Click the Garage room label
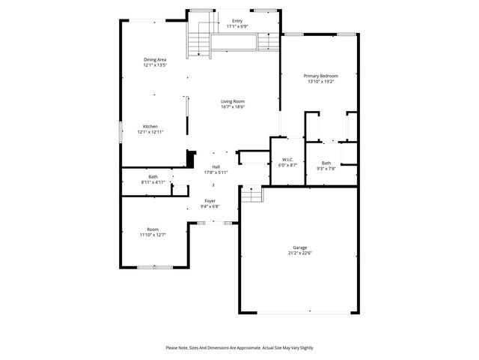point(299,247)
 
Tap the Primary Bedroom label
point(321,76)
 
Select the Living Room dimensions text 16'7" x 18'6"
point(233,107)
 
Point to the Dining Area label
point(155,60)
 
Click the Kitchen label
point(150,126)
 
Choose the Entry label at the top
point(237,21)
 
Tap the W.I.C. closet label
point(287,160)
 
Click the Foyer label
point(212,201)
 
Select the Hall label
point(216,166)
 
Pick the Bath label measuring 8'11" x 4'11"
point(153,177)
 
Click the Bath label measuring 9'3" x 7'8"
point(326,163)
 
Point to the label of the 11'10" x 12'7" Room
point(153,229)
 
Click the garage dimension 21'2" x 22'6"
point(299,253)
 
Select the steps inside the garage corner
point(254,195)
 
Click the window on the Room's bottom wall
point(155,266)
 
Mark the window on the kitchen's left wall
point(120,132)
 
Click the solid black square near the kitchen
point(190,159)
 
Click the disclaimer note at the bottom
point(239,348)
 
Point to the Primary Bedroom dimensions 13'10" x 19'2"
point(321,82)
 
